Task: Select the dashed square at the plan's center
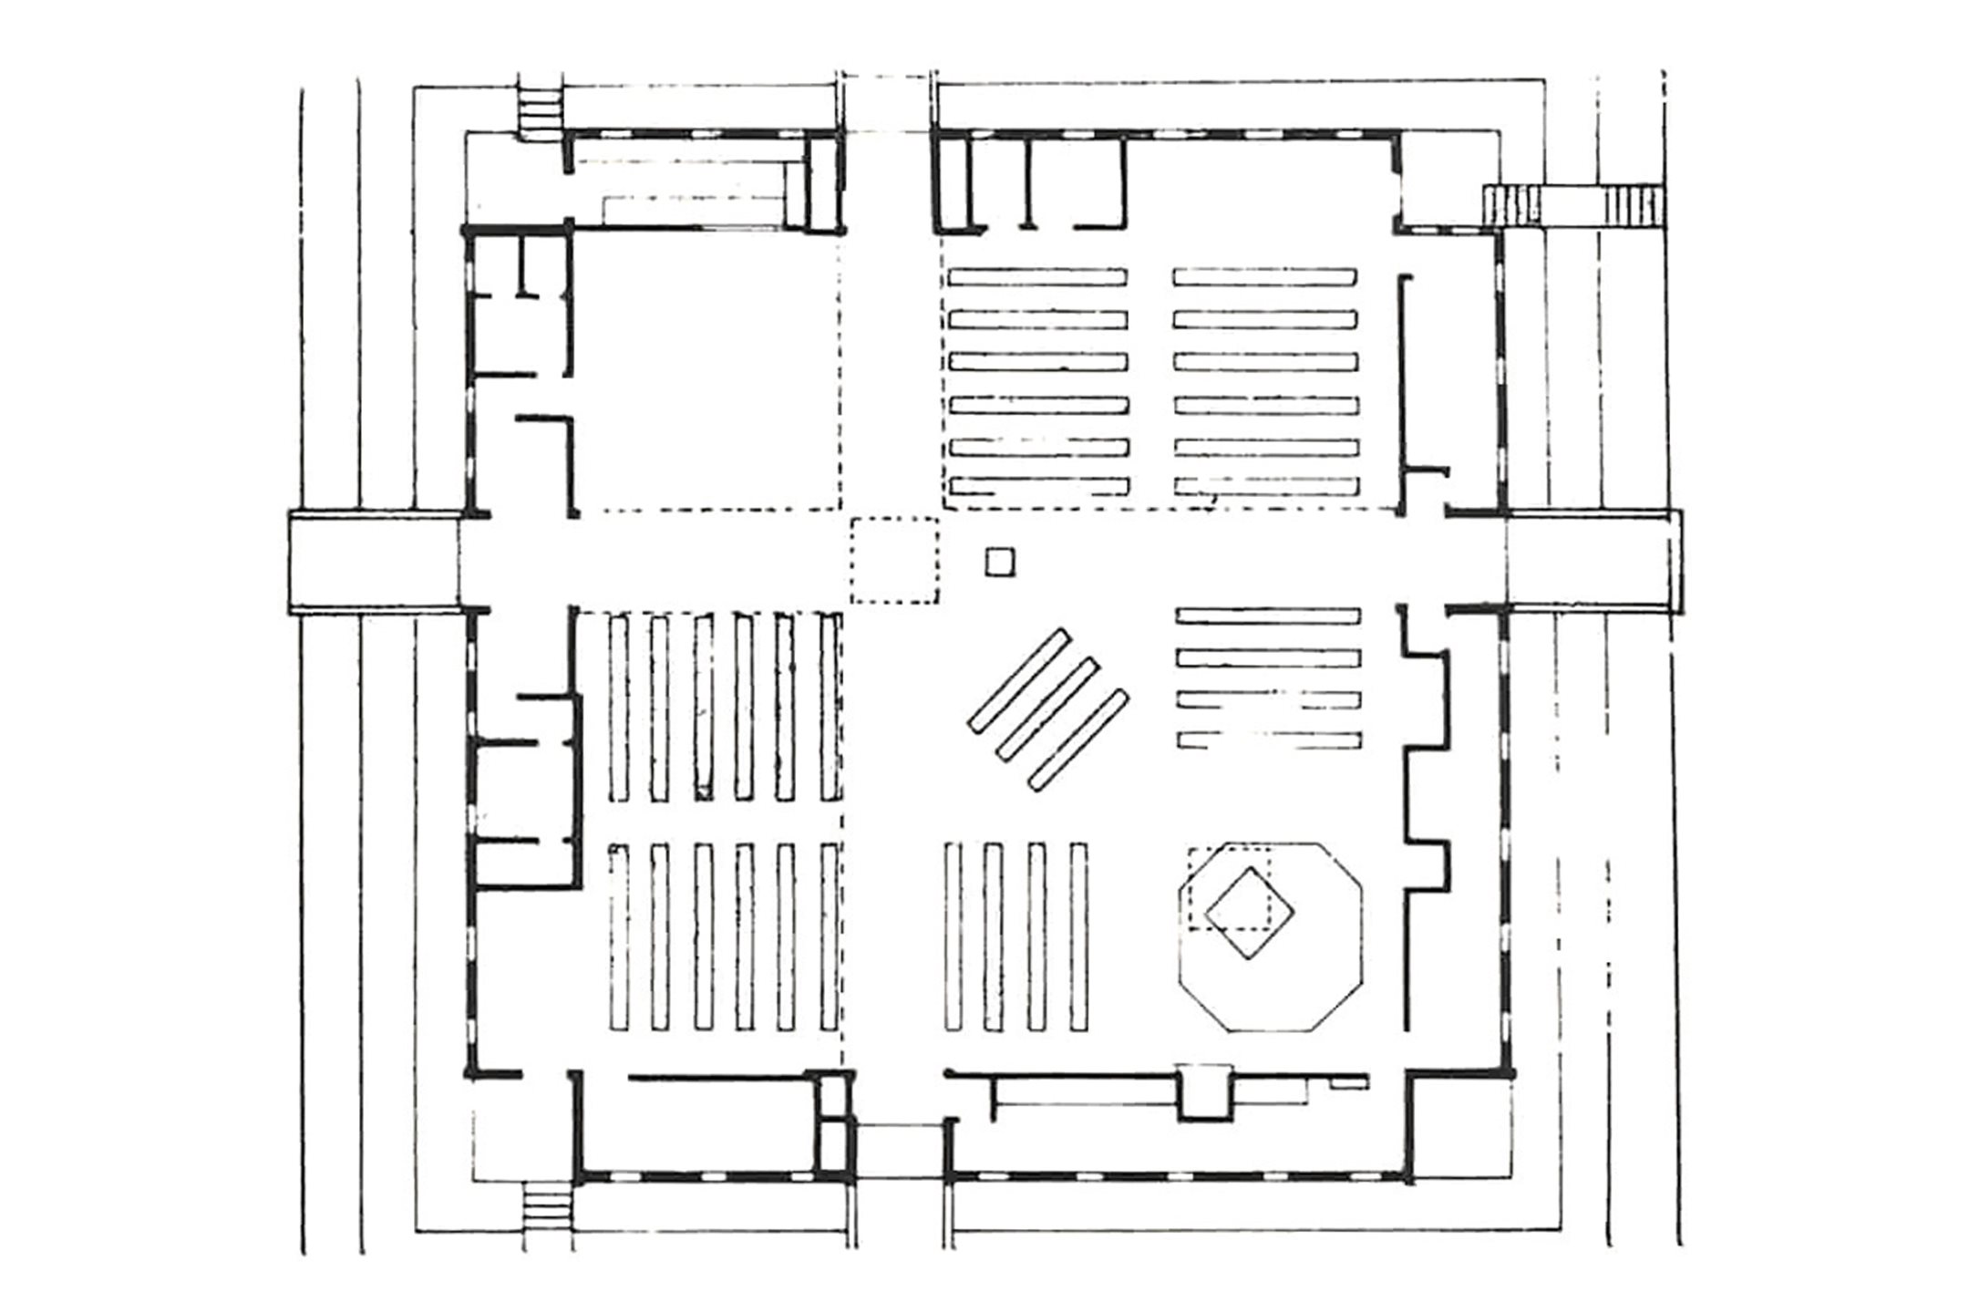(x=894, y=560)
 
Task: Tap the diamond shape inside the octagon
(x=1251, y=912)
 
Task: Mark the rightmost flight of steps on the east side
(x=1634, y=204)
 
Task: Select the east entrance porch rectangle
(x=1592, y=560)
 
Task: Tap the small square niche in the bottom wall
(x=1205, y=1091)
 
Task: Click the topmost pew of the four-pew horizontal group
(x=1268, y=615)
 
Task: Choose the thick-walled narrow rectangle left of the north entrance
(x=824, y=182)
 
